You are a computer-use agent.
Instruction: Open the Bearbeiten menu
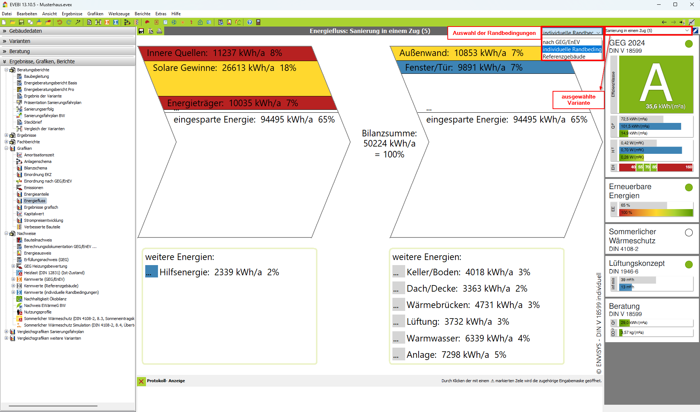27,14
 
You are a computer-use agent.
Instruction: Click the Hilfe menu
176,14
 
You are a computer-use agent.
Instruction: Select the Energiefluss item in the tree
35,201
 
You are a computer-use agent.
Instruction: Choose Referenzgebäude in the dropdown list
564,57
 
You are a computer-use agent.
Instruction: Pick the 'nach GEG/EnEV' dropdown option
561,42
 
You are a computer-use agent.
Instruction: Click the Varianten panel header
20,41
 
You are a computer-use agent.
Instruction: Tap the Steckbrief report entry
33,122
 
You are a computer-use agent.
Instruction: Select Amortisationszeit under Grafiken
39,155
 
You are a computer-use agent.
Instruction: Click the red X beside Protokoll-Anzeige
141,381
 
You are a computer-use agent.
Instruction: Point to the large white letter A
656,83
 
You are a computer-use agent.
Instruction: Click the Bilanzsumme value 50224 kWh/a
389,144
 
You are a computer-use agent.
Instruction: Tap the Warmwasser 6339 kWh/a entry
468,339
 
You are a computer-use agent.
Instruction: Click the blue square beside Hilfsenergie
151,272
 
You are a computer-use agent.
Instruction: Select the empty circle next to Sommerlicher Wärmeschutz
689,233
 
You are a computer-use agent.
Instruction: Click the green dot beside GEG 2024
689,44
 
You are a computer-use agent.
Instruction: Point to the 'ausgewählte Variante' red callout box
578,100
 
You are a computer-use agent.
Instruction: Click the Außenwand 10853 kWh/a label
461,53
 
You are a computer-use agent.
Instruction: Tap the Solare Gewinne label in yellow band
224,68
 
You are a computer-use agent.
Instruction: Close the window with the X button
692,5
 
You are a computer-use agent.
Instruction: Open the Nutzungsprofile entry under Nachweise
37,312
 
